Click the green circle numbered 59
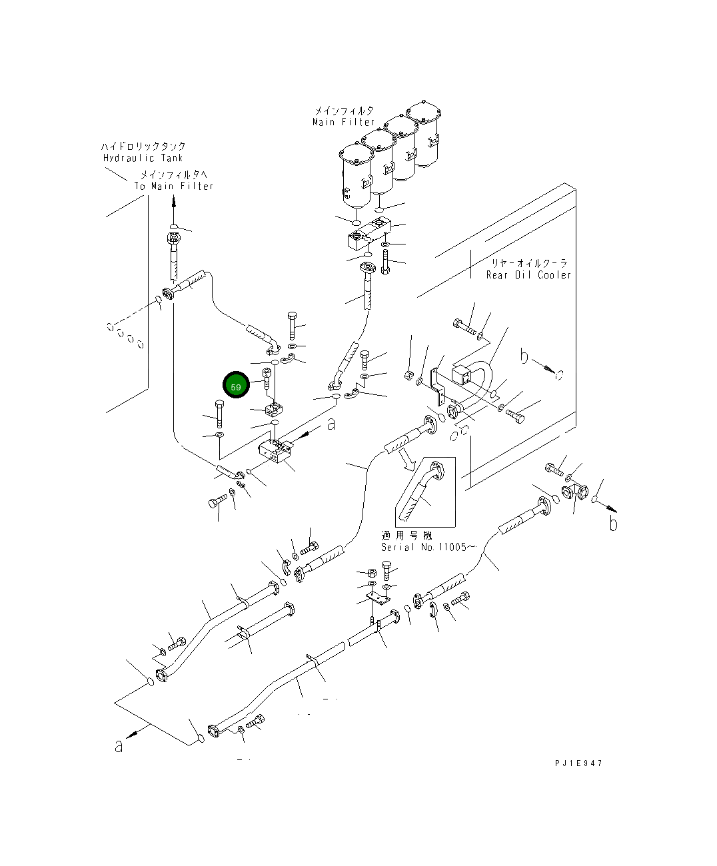[x=236, y=386]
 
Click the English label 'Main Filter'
[x=343, y=123]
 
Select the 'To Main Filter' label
[x=174, y=187]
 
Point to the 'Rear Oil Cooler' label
[x=528, y=275]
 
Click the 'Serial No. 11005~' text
[x=428, y=548]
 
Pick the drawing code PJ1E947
[x=577, y=763]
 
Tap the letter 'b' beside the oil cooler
[x=524, y=358]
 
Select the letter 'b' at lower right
[x=613, y=524]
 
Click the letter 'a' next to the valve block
[x=331, y=424]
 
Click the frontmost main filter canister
[x=354, y=175]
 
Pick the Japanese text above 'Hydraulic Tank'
[x=143, y=146]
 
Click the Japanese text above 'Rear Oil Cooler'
[x=529, y=263]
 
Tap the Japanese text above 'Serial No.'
[x=406, y=536]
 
